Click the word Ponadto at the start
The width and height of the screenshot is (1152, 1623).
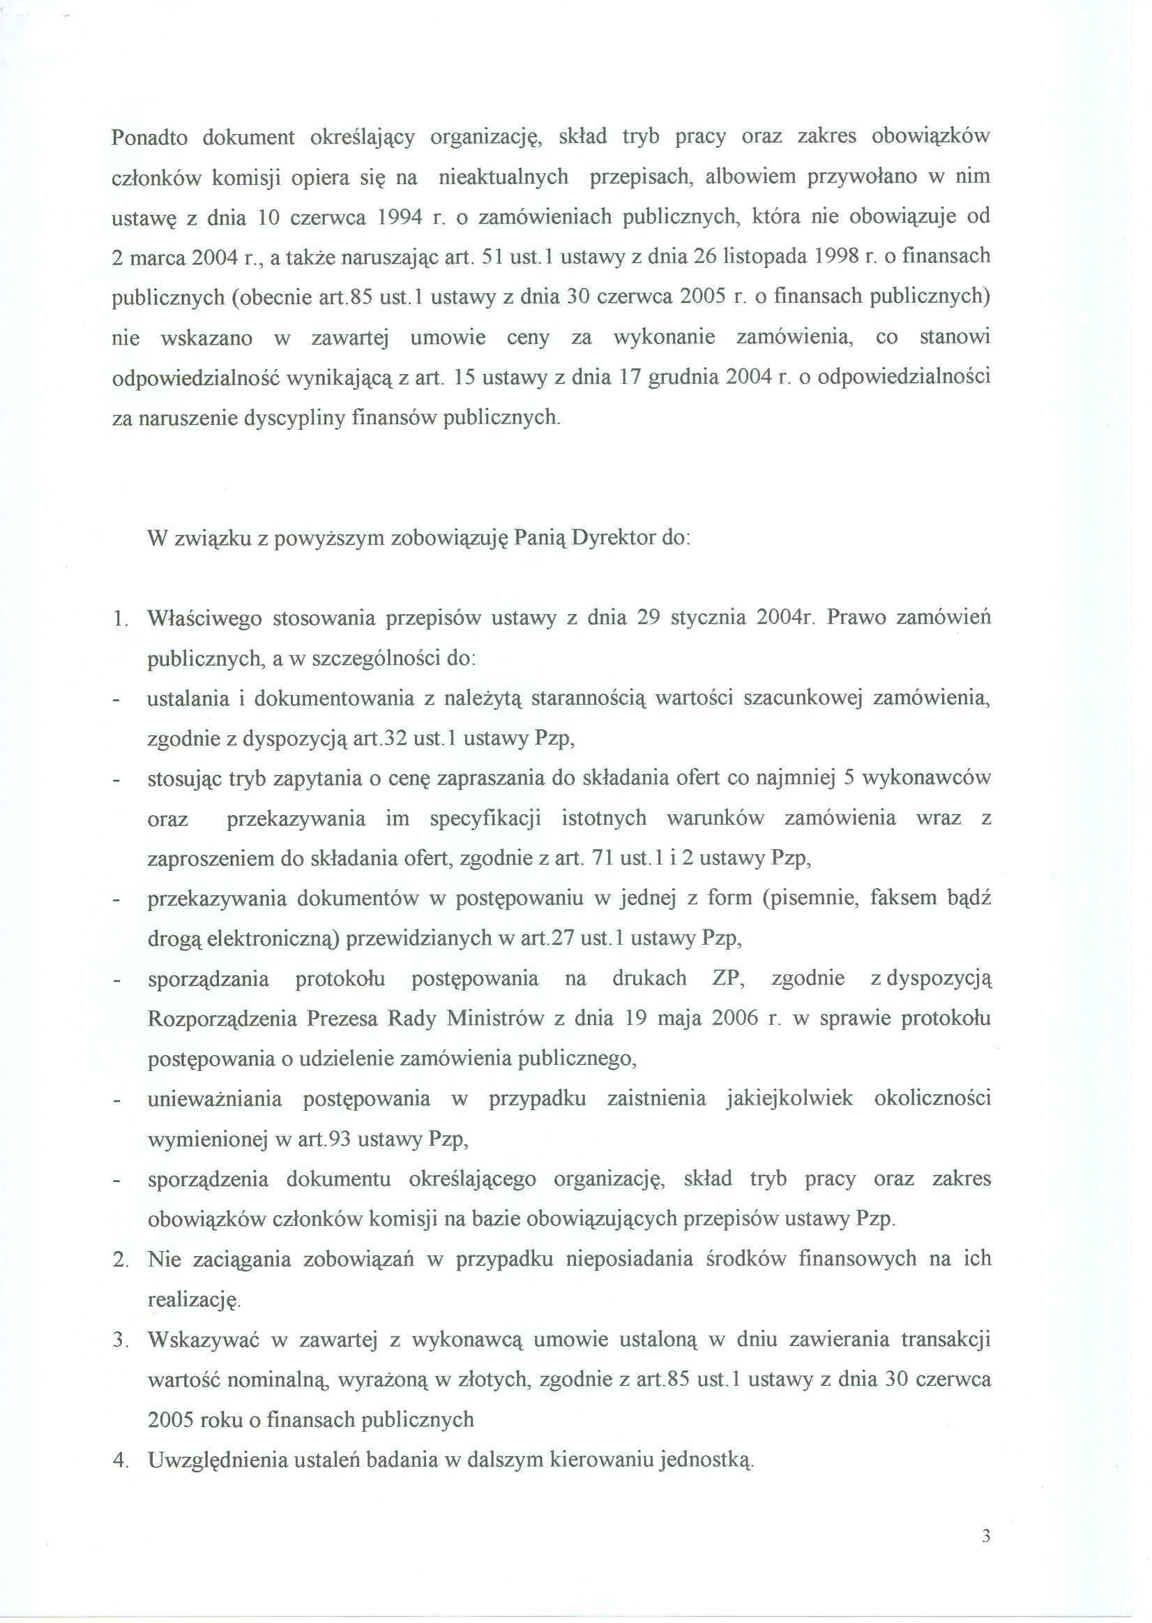point(149,137)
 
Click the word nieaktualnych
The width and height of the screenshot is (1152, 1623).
point(503,177)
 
